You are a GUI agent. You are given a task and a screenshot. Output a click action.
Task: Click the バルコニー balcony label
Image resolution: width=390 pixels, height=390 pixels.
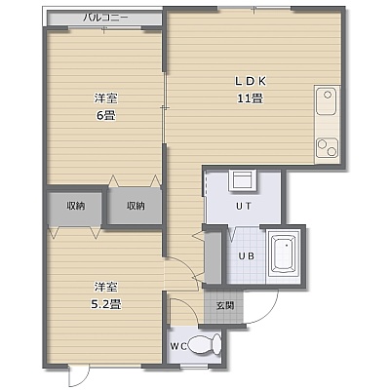[x=105, y=18]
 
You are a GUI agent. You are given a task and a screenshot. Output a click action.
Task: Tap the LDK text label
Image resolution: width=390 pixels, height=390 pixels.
[x=251, y=81]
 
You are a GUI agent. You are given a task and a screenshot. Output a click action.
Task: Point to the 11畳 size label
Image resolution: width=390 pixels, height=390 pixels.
[x=250, y=97]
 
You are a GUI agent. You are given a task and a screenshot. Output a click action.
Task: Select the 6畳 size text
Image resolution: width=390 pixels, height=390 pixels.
[x=106, y=115]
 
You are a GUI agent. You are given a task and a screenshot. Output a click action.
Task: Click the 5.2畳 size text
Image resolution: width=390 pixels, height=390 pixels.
[x=106, y=304]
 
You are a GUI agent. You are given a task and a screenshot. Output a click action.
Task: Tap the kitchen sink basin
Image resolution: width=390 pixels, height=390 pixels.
[x=327, y=100]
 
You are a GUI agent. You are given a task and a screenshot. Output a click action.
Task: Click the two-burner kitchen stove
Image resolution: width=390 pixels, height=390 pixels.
[x=328, y=147]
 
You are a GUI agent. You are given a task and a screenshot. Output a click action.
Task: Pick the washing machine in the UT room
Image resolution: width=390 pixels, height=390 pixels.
[x=243, y=179]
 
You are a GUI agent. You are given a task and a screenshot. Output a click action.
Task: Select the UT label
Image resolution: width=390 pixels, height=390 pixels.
[x=244, y=206]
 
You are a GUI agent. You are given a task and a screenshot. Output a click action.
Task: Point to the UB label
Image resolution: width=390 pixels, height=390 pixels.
[x=247, y=256]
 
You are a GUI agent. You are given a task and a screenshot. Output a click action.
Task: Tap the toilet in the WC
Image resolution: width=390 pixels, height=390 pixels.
[x=205, y=344]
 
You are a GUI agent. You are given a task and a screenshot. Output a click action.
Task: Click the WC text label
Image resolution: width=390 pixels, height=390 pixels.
[x=178, y=347]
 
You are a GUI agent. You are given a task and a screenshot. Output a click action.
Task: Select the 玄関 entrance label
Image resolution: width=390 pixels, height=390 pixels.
[x=225, y=305]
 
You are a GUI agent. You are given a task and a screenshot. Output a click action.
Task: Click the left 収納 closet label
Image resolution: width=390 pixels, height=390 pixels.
[x=76, y=206]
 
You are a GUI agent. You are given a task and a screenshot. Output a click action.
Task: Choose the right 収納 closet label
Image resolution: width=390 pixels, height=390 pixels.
[x=136, y=206]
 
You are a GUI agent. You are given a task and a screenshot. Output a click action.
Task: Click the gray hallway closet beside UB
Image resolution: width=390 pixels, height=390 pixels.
[x=213, y=257]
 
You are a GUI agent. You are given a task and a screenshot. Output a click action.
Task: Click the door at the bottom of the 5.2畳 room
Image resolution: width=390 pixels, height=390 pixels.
[x=79, y=376]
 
